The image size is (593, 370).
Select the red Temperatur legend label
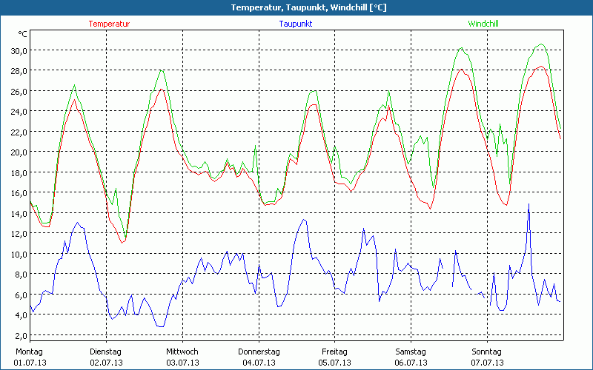109,24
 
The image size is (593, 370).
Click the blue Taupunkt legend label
295,24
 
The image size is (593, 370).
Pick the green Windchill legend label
483,24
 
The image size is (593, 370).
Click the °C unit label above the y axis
23,34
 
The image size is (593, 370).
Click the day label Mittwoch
182,351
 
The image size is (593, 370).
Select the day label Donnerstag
259,351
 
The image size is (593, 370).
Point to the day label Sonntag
487,351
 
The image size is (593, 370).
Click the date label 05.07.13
335,363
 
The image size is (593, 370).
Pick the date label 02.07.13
106,363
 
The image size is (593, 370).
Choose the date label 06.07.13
411,363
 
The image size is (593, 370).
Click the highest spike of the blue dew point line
529,204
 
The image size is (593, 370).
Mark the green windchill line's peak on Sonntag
541,44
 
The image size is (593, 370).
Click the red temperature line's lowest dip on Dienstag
122,243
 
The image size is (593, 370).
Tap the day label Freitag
335,351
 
